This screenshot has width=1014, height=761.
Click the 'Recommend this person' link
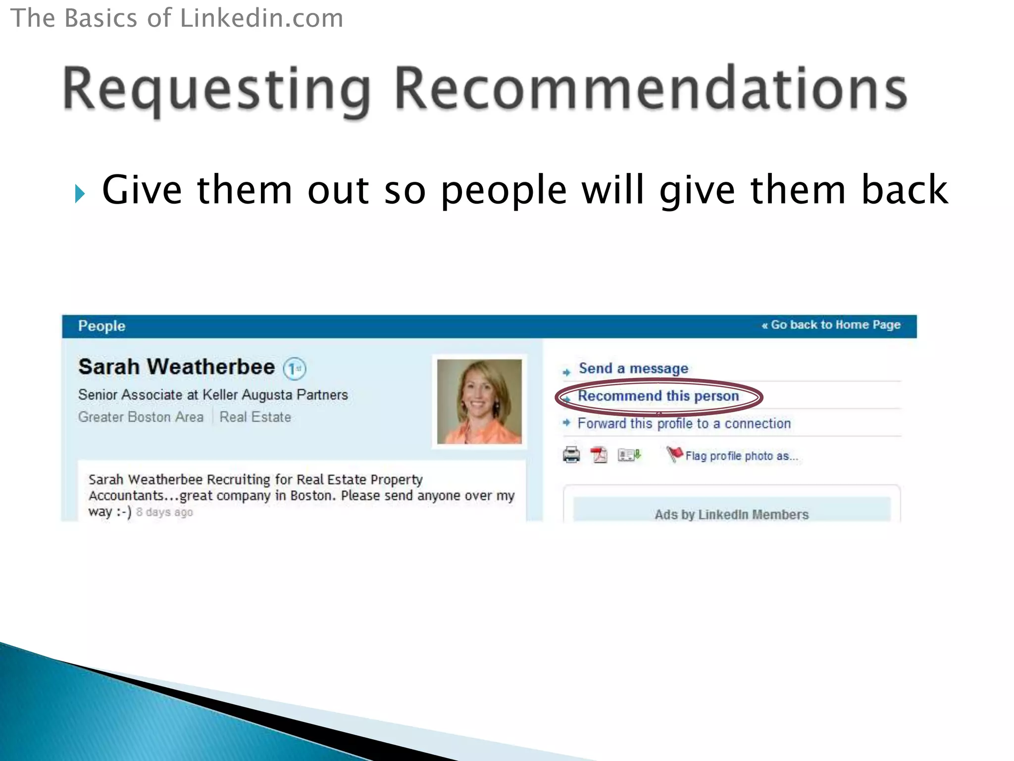(x=658, y=396)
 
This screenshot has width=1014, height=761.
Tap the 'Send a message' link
(x=633, y=369)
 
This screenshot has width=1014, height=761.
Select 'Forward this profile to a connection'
(x=684, y=424)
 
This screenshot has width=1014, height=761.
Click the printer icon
(x=571, y=454)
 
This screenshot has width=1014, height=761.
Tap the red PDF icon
(x=599, y=454)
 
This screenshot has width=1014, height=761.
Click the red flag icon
(x=674, y=453)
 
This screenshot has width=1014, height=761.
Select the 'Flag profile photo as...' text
(x=742, y=456)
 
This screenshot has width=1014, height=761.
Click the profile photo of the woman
(x=479, y=401)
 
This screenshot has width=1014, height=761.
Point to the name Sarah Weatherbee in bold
(x=176, y=367)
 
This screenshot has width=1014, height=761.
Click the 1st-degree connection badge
(x=295, y=369)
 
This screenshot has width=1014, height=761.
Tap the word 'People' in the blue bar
(x=101, y=326)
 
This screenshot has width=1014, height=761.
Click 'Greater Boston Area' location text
(x=141, y=417)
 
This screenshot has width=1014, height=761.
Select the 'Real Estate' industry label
(x=255, y=417)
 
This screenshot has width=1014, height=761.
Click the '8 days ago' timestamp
(x=164, y=512)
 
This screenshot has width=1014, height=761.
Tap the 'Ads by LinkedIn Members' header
(x=731, y=515)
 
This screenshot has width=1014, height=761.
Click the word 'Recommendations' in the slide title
(x=651, y=90)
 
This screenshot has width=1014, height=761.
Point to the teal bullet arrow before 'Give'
(x=80, y=193)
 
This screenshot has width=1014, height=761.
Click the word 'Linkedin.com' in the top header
(x=261, y=18)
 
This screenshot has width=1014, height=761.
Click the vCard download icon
(x=629, y=454)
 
